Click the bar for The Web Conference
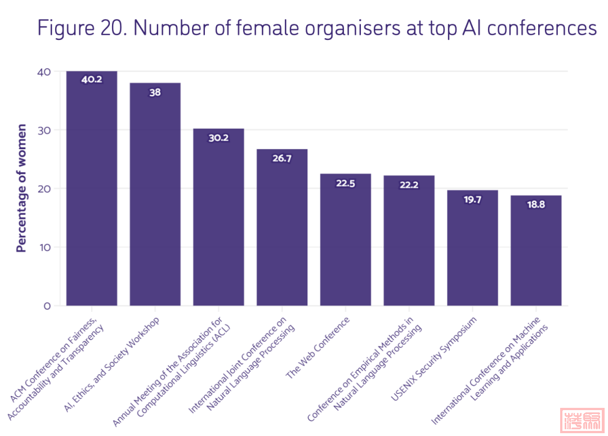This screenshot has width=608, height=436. (x=345, y=242)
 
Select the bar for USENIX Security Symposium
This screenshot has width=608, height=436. (x=472, y=250)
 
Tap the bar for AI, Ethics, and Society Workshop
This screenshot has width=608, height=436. (x=155, y=197)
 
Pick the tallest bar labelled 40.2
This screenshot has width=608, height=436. (x=91, y=191)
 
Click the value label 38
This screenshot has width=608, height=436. (x=155, y=93)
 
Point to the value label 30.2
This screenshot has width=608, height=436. (x=218, y=138)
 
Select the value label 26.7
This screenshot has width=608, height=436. (x=282, y=159)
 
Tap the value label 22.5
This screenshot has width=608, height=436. (x=345, y=183)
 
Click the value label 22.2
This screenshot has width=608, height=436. (x=409, y=185)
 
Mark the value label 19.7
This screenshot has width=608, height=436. (x=472, y=200)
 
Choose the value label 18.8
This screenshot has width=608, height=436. (x=536, y=205)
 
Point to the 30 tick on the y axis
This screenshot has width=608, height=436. (x=44, y=130)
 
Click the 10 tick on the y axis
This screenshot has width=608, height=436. (x=44, y=247)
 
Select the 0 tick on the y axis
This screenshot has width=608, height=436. (x=47, y=306)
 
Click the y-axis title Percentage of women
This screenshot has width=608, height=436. (x=21, y=188)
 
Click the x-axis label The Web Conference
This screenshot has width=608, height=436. (x=318, y=348)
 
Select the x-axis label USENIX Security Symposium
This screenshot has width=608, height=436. (x=434, y=359)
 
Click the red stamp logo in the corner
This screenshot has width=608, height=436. (x=582, y=420)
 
